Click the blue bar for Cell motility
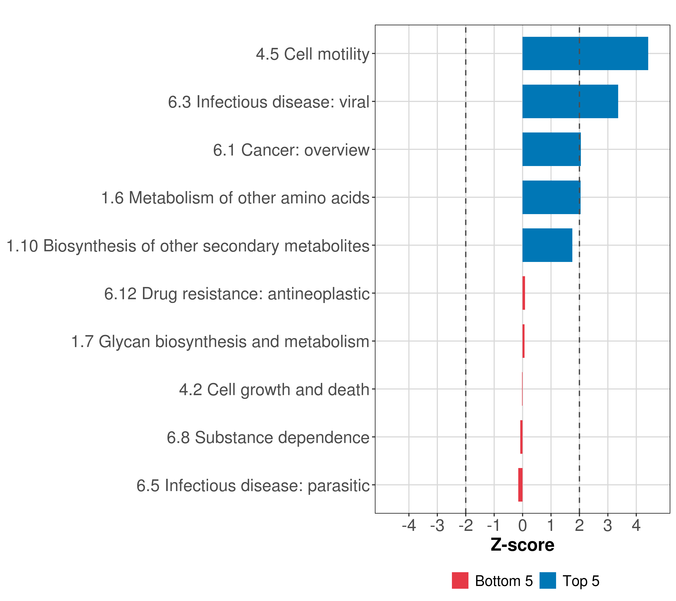coord(585,54)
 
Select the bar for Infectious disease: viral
coord(570,102)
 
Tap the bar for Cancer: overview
coord(551,149)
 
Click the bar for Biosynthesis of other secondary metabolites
coord(547,245)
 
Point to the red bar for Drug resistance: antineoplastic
coord(524,293)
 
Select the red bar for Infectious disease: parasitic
coord(520,485)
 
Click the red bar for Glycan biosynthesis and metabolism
coord(523,341)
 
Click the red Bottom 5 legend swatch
coord(460,580)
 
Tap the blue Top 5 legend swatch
coord(547,580)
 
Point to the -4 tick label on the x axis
coord(409,526)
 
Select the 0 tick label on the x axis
coord(522,526)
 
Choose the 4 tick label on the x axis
coord(636,526)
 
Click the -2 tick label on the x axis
coord(466,526)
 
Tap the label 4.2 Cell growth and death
coord(274,390)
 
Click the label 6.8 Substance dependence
coord(268,437)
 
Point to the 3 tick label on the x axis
coord(608,526)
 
